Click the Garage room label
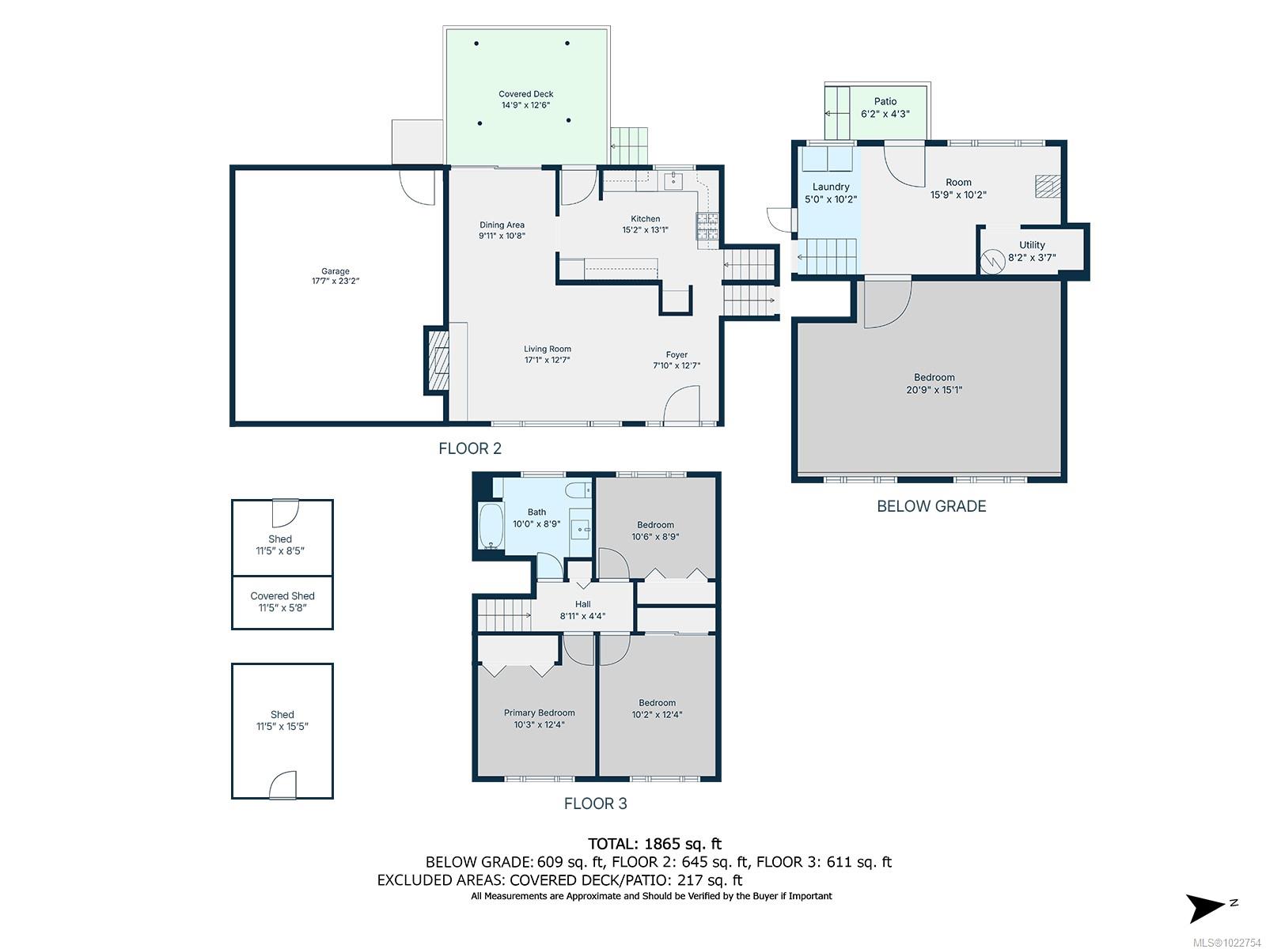tap(335, 271)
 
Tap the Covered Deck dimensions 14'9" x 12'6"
tap(525, 105)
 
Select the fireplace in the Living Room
tap(438, 360)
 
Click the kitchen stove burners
tap(707, 227)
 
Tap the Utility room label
tap(1032, 245)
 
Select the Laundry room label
tap(831, 187)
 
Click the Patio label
tap(885, 101)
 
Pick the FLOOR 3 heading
tap(595, 803)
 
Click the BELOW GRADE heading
tap(931, 506)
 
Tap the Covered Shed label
tap(282, 596)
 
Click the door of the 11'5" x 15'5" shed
tap(282, 786)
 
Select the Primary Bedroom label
tap(540, 713)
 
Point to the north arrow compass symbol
tap(1207, 906)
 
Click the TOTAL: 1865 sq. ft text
tap(654, 844)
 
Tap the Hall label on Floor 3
tap(583, 604)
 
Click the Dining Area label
tap(502, 225)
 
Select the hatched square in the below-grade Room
tap(1047, 186)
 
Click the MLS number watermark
tap(1226, 942)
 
